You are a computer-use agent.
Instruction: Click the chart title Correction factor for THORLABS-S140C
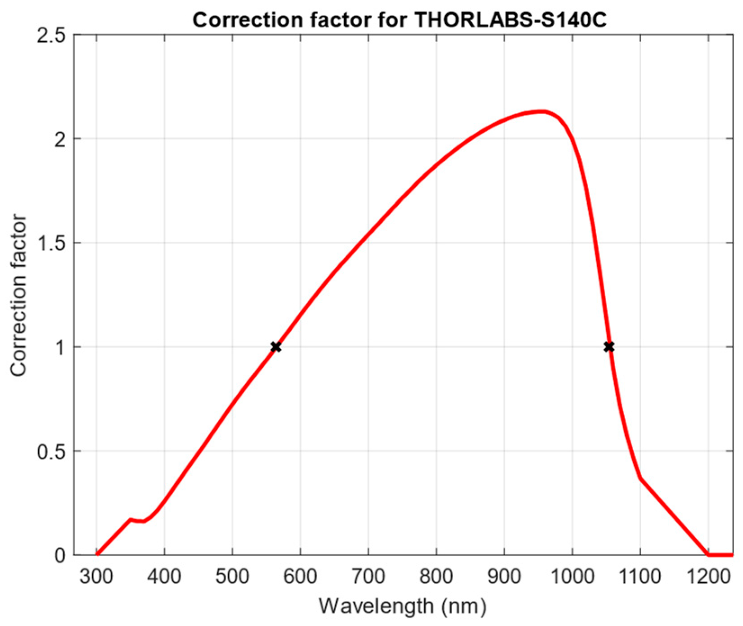pos(400,20)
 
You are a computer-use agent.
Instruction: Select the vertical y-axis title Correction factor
pos(19,296)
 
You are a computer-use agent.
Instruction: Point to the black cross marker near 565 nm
pos(276,347)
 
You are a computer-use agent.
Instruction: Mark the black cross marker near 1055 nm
pos(609,347)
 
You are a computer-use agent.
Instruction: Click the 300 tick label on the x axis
pos(96,576)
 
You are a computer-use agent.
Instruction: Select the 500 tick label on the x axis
pos(232,576)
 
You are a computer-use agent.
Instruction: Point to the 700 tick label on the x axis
pos(368,576)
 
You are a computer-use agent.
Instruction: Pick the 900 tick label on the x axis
pos(504,576)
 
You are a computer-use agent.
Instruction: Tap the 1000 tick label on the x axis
pos(572,576)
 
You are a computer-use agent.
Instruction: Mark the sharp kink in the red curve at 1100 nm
pos(640,478)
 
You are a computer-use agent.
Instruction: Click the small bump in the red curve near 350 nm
pos(131,519)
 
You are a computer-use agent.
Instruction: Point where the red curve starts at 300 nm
pos(97,554)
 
